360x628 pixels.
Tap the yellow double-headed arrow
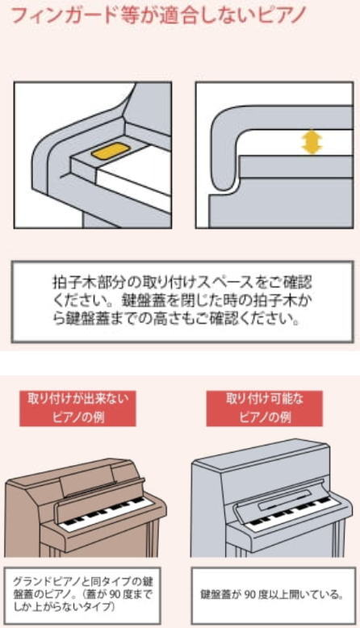[312, 143]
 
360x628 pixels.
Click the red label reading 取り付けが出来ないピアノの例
[77, 408]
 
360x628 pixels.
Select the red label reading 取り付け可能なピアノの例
[264, 408]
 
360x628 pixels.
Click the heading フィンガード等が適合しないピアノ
[159, 15]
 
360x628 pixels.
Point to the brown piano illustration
[85, 508]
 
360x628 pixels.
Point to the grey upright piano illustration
[272, 499]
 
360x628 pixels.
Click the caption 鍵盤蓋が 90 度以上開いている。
[272, 594]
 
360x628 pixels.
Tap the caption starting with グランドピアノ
[83, 594]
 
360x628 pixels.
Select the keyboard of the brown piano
[103, 513]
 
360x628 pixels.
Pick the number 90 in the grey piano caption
[250, 594]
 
